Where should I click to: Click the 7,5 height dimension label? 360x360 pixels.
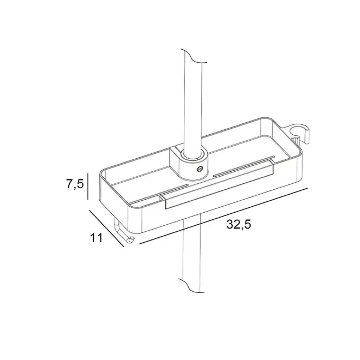[x=75, y=184]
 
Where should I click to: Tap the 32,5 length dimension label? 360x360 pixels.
[x=239, y=224]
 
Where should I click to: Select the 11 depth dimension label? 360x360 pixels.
[x=97, y=238]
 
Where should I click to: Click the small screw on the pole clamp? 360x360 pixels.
[x=199, y=170]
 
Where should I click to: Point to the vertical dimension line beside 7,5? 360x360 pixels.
[x=88, y=186]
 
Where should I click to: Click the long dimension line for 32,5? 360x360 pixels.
[x=224, y=216]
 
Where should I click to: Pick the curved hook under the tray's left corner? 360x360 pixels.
[x=123, y=233]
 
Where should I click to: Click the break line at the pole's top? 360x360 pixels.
[x=194, y=56]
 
